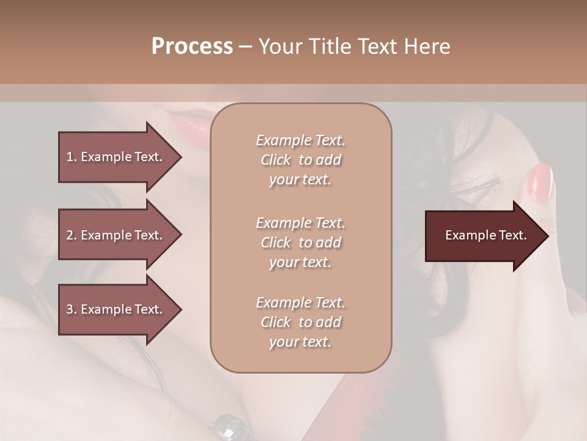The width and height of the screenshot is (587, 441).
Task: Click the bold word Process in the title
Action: [192, 47]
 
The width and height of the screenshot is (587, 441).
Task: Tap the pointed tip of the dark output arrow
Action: [547, 236]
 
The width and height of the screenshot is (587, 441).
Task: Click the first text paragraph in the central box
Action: [300, 160]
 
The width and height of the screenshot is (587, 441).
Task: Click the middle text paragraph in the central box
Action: [300, 243]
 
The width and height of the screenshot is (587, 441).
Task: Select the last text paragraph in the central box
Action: [300, 322]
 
